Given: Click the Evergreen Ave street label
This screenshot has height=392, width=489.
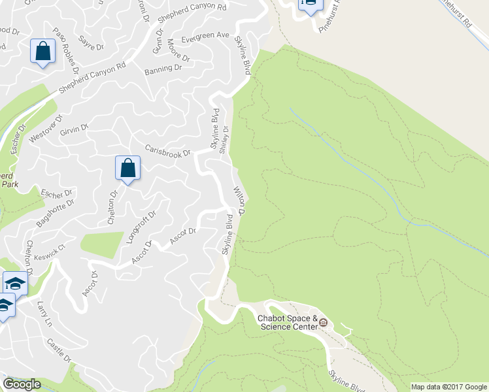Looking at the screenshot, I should pos(205,35).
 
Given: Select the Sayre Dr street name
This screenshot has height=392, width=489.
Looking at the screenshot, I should pos(91,46).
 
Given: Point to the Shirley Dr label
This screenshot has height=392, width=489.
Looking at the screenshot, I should pos(226,138).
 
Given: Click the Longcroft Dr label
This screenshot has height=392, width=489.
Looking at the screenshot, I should pos(141,226).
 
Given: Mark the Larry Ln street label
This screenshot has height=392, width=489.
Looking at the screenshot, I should pos(44,314).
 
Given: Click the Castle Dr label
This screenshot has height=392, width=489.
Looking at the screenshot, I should pos(59,350).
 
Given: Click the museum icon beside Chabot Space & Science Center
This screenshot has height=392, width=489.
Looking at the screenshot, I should pos(322,322).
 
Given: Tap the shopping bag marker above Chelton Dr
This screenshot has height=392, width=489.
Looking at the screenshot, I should pos(128,168).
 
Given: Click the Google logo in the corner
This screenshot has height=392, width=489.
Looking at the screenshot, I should pos(22,384).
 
